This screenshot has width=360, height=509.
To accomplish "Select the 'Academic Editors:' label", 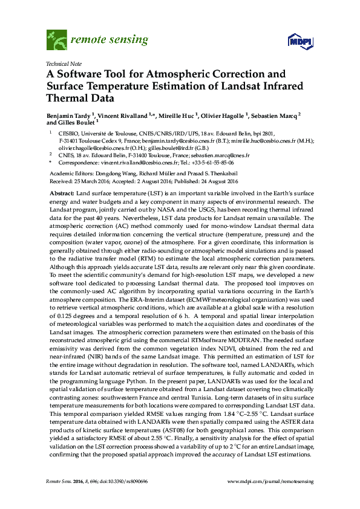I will (67, 172).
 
